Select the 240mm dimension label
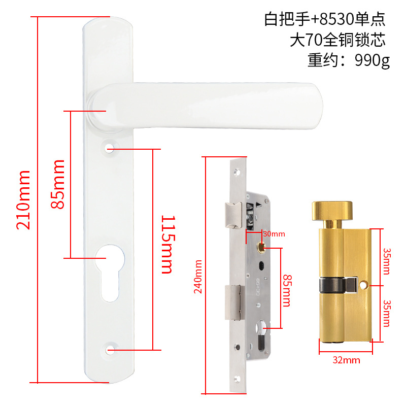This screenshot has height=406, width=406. [198, 277]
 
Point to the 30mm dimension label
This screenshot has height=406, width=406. [274, 234]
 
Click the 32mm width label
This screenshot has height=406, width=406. [346, 360]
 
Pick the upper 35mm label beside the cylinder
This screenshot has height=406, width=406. [387, 261]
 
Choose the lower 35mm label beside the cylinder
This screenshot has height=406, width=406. [387, 313]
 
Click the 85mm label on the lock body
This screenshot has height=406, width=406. [287, 291]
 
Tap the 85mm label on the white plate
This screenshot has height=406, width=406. [58, 184]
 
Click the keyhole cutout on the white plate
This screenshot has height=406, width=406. [109, 274]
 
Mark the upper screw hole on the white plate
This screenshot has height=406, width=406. [110, 148]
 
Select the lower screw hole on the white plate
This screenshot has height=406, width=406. [110, 350]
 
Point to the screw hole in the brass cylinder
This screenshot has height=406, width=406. [364, 286]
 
